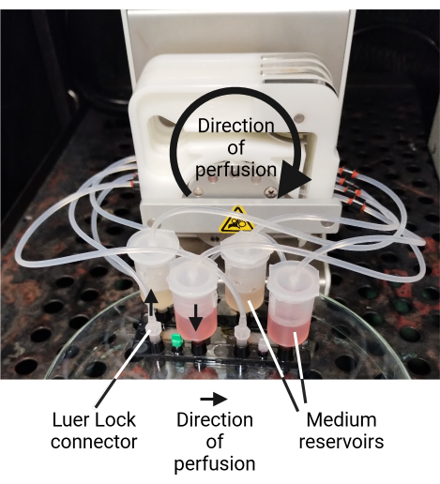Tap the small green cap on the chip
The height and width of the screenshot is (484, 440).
click(x=177, y=340)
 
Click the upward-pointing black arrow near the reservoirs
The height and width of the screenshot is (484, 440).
click(x=151, y=302)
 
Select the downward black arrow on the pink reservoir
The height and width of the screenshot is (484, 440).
click(x=196, y=317)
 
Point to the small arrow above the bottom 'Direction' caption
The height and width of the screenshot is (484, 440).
click(x=214, y=399)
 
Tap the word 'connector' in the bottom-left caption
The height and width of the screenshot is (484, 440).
click(x=94, y=442)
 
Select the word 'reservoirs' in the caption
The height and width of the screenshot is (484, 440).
click(x=341, y=442)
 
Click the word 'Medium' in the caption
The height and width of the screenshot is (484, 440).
click(x=341, y=419)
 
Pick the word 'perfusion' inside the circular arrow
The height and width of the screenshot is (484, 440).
click(x=236, y=170)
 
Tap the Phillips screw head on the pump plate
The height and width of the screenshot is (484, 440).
click(x=270, y=191)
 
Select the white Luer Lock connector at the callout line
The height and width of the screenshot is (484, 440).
click(x=154, y=332)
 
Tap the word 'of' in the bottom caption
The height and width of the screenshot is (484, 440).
click(x=215, y=441)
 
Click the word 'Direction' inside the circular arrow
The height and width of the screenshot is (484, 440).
click(x=236, y=126)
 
